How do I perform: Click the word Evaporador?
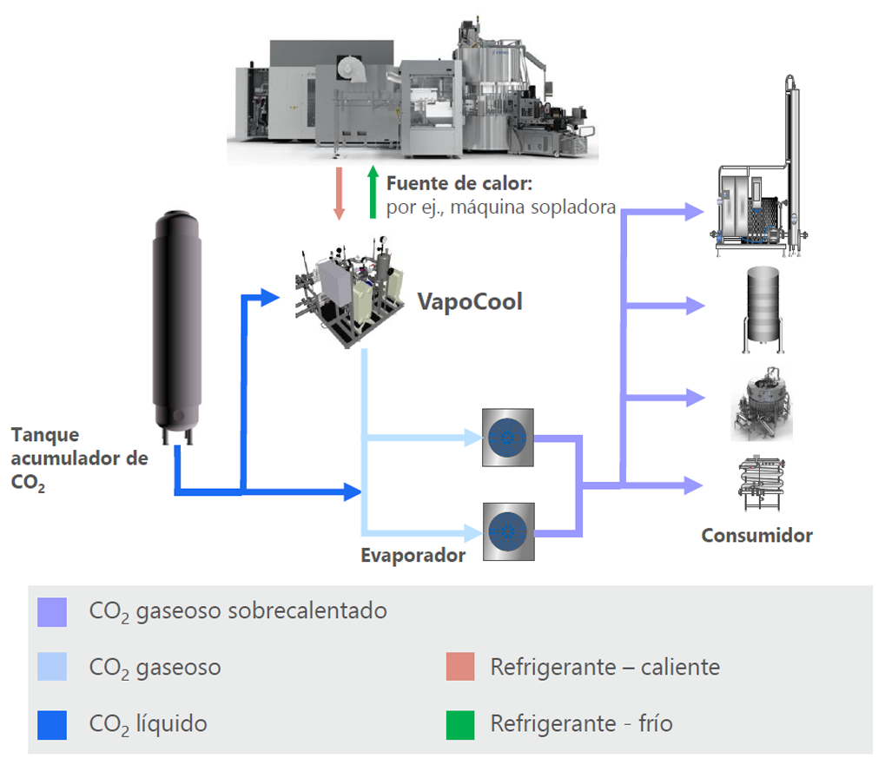(413, 554)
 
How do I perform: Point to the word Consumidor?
(756, 534)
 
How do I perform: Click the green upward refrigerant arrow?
(373, 192)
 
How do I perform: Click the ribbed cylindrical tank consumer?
(761, 308)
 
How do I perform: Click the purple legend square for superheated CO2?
(52, 610)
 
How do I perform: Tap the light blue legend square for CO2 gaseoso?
(52, 668)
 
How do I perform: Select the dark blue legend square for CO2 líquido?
(52, 723)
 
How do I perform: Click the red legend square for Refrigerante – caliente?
(460, 668)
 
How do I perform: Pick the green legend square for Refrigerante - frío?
(460, 723)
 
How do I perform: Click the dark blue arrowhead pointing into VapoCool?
(268, 298)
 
